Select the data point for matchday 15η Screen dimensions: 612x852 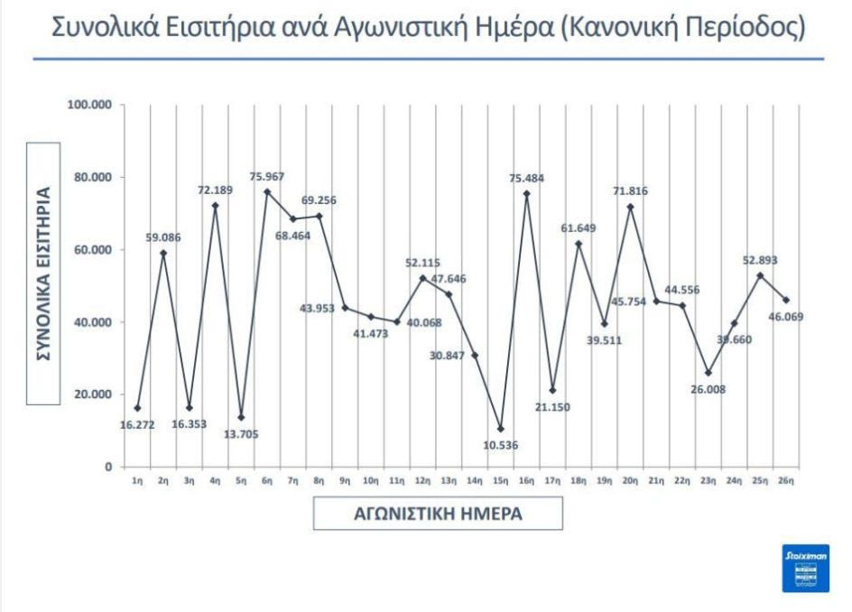[500, 429]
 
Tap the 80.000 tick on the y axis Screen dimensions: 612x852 [88, 177]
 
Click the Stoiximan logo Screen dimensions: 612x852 [805, 568]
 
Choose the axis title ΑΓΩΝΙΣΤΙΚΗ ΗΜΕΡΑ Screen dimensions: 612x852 [438, 514]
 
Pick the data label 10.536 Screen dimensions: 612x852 [500, 445]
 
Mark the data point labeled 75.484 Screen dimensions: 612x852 [526, 194]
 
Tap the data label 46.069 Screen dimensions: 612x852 [783, 317]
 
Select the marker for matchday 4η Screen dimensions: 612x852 [215, 206]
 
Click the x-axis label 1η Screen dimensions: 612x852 [137, 482]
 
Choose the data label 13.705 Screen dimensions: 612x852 [240, 433]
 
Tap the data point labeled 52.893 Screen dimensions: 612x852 [760, 275]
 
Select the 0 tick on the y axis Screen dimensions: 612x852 [107, 467]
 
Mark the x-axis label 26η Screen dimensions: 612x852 [785, 482]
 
